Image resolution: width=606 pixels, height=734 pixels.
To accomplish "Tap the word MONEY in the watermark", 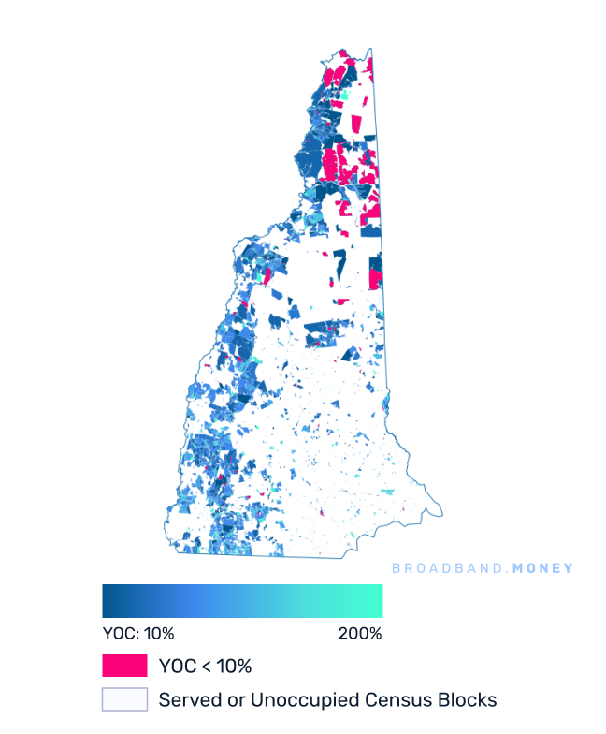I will tap(542, 568).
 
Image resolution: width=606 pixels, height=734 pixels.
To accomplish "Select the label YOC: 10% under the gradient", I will tap(138, 633).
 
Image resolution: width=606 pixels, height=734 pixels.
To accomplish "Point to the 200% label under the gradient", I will tap(360, 633).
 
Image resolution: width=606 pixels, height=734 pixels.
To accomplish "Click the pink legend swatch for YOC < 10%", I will tap(124, 666).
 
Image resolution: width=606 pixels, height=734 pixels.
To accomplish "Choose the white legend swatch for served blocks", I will tap(124, 699).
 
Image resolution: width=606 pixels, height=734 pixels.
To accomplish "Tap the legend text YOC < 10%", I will tap(206, 667).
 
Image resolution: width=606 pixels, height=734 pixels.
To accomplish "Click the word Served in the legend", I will tap(187, 699).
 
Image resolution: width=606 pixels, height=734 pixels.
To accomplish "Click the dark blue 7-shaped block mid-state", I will tap(324, 329).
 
